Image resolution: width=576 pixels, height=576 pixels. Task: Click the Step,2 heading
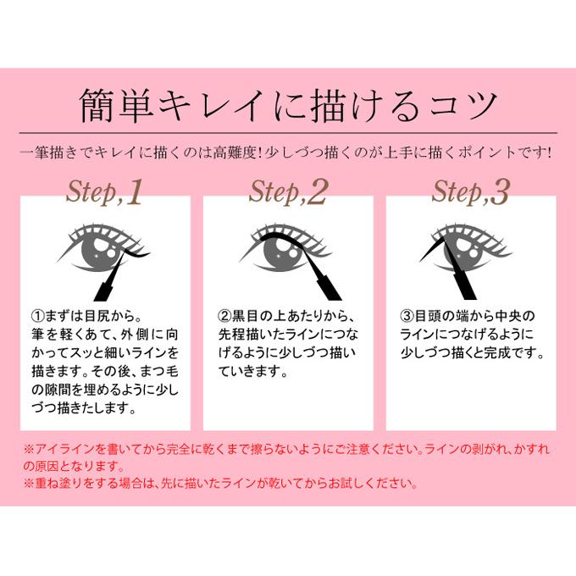click(x=287, y=193)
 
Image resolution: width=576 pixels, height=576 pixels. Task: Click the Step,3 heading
click(x=470, y=193)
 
